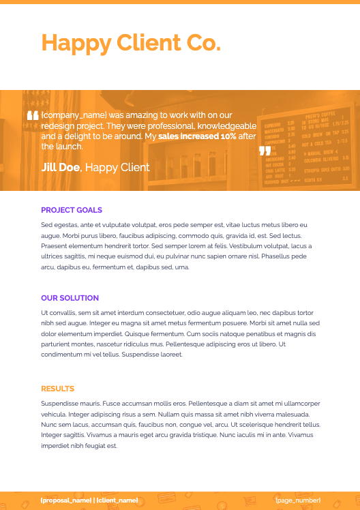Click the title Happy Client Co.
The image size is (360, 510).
pos(131,43)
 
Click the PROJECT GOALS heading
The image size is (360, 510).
pos(72,210)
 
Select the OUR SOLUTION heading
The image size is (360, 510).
pos(70,298)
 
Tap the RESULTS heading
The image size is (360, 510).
pos(57,389)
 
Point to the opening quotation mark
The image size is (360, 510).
pos(32,117)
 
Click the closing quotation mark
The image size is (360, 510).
pos(265,151)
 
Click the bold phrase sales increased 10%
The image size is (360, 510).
pos(197,136)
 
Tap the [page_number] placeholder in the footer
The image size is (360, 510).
pos(298,500)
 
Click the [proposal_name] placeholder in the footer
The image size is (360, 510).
pos(65,500)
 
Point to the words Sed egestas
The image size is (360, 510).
pos(57,224)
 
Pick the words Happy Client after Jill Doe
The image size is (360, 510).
pos(117,167)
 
